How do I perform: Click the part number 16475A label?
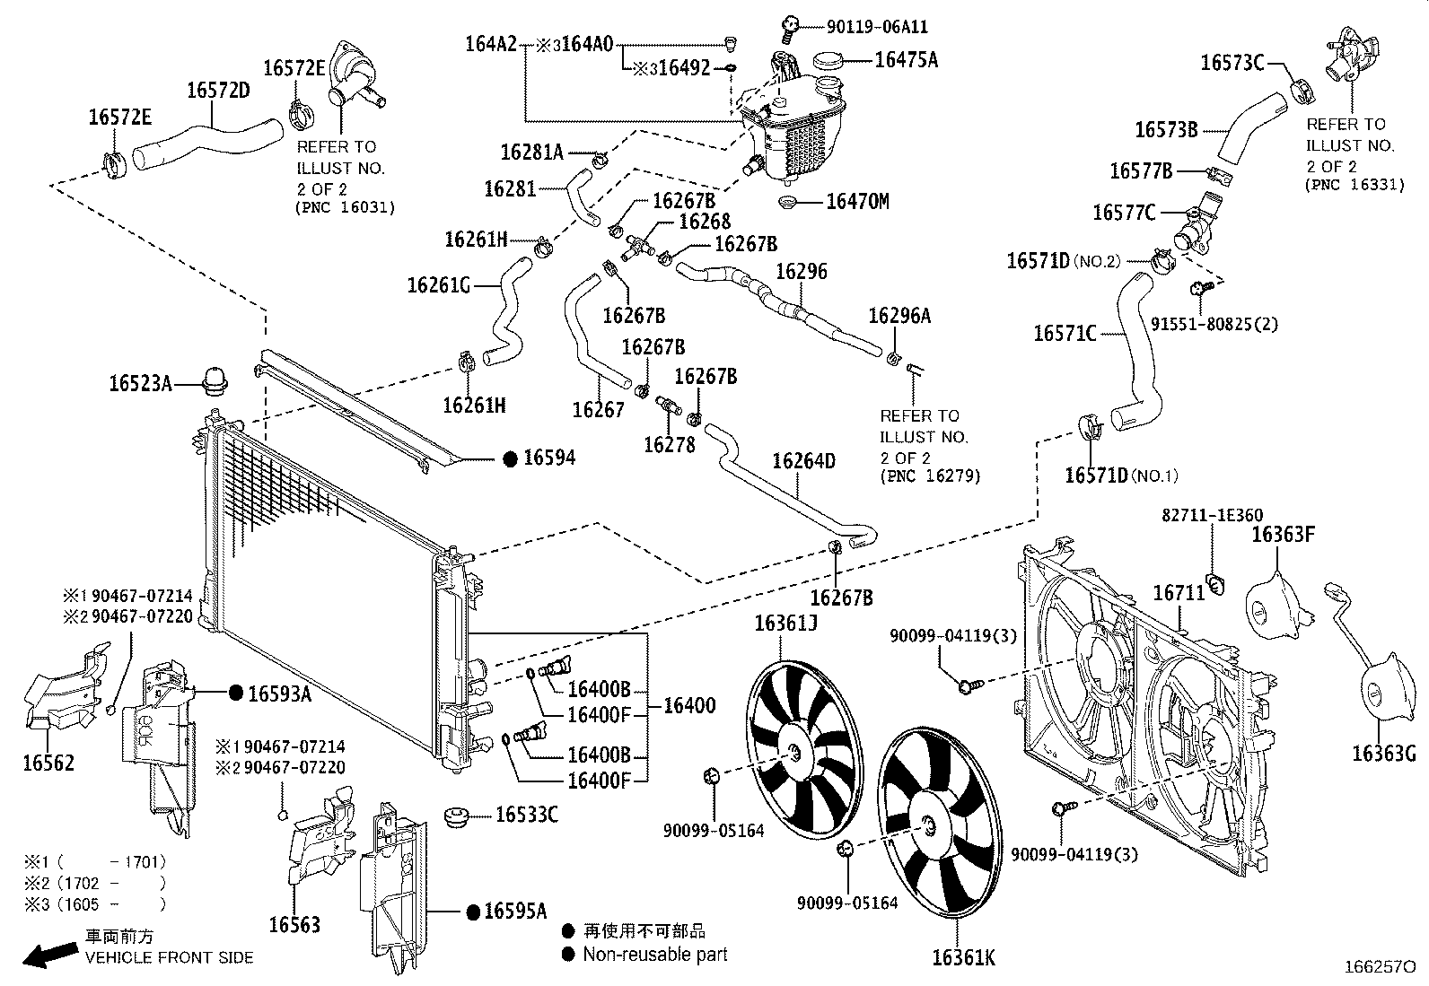point(906,60)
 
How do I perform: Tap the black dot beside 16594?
point(509,459)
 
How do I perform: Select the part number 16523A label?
point(140,384)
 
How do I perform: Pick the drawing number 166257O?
point(1379,967)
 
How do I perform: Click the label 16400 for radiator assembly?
point(689,706)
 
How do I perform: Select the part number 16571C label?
point(1065,334)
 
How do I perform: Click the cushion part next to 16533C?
point(457,816)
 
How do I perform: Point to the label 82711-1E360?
point(1212,516)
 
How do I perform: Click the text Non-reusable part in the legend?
point(655,955)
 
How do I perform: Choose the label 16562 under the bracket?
point(48,763)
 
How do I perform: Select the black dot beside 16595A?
point(473,912)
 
